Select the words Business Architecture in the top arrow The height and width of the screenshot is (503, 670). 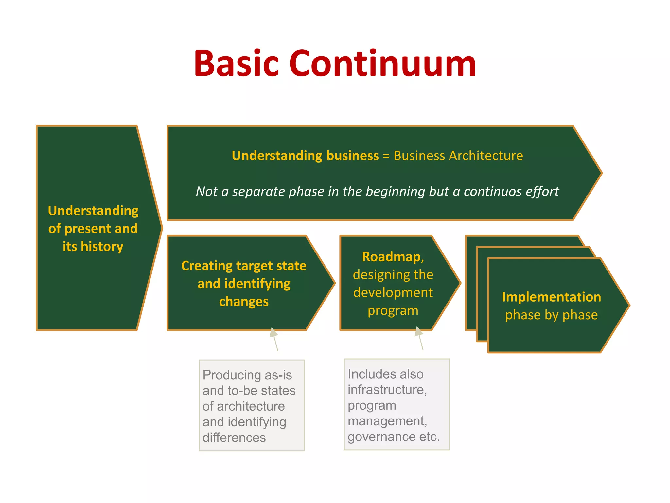pos(458,156)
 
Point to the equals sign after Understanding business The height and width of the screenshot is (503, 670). pos(386,156)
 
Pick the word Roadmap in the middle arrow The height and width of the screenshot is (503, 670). pos(391,257)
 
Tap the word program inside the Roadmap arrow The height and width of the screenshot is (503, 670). pos(393,310)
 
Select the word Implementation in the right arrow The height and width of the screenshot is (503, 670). pos(552,297)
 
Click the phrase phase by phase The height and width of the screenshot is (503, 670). pos(552,315)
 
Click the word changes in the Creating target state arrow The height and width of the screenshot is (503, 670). pos(244,301)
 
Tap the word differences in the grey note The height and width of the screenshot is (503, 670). pos(234,438)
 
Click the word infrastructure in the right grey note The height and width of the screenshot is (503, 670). pos(387,390)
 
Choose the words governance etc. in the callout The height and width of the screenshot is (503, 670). pos(394,437)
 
